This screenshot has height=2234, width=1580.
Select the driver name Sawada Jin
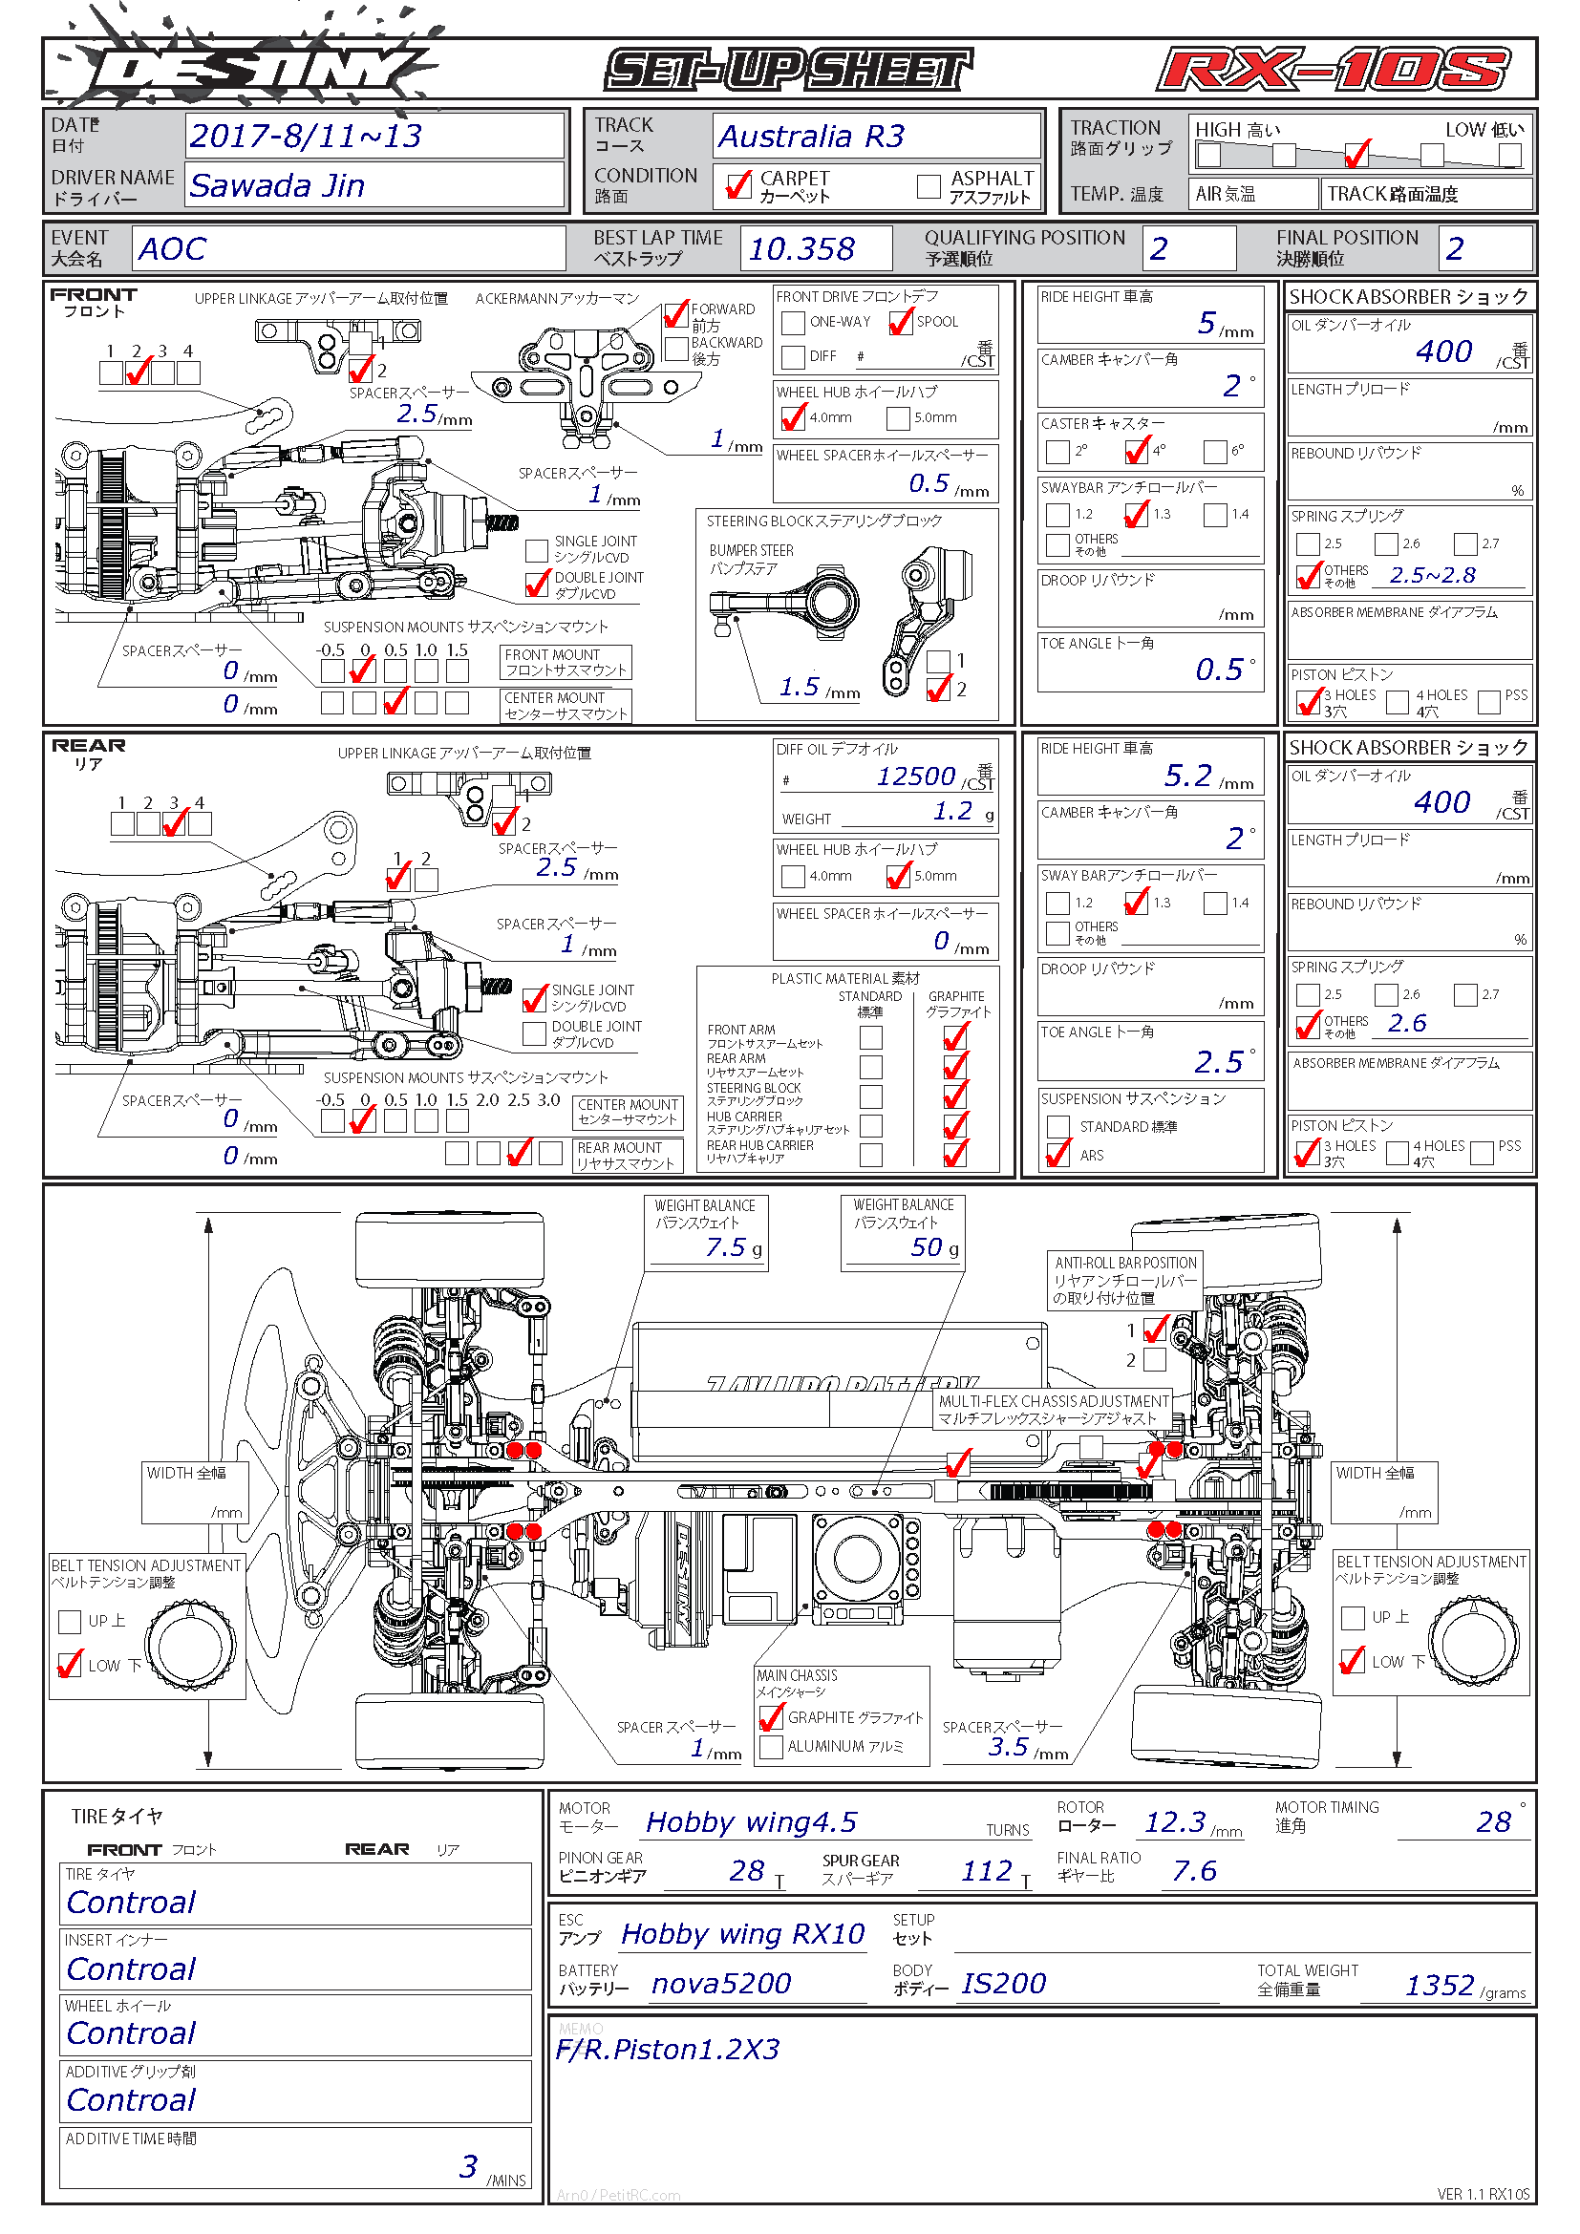(277, 185)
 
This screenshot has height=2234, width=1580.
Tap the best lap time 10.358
(801, 249)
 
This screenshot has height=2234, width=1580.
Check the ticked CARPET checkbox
(738, 185)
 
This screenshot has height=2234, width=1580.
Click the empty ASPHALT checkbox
(929, 185)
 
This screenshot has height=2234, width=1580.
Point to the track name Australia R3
(811, 137)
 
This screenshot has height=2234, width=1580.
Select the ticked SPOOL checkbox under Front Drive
(901, 322)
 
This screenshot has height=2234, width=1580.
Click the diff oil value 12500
(915, 776)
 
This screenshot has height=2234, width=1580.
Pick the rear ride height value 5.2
(1188, 776)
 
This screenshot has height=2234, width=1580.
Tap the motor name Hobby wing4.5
(751, 1821)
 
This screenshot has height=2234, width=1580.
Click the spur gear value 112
(987, 1870)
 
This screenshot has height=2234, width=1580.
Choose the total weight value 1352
(1439, 1985)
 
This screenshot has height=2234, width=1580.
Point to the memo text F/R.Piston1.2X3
(668, 2049)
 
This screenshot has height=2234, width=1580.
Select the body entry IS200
(1003, 1983)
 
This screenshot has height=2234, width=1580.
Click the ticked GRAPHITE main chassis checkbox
(772, 1717)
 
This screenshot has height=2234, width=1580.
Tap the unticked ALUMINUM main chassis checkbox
(772, 1747)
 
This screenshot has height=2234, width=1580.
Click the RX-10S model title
(1334, 71)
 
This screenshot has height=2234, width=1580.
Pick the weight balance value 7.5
(726, 1247)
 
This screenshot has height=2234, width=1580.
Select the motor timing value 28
(1493, 1821)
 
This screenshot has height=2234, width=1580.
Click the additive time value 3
(468, 2166)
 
